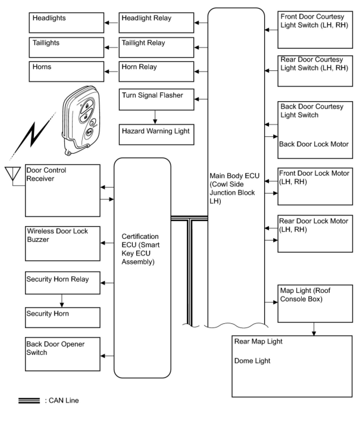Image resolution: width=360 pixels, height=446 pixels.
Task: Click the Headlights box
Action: coord(66,23)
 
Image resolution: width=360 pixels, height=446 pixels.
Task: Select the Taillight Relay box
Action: coord(156,47)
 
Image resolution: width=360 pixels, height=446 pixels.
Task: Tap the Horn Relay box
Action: coord(156,71)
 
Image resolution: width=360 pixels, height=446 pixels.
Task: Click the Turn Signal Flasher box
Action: coord(156,99)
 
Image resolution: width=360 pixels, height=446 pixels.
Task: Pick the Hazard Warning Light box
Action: coord(156,135)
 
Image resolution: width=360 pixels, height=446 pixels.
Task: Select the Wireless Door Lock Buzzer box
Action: coord(62,244)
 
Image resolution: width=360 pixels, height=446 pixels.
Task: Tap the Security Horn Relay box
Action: coord(62,283)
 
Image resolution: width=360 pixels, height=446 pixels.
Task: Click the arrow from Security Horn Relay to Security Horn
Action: coord(62,301)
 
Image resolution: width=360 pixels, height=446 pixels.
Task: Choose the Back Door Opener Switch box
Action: coord(62,354)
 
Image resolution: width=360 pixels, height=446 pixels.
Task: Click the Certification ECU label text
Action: coord(140,249)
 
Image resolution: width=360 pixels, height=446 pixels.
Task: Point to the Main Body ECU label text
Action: coord(234,188)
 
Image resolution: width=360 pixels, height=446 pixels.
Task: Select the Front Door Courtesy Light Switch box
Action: coord(315,30)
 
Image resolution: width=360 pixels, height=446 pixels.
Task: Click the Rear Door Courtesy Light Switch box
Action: coord(315,71)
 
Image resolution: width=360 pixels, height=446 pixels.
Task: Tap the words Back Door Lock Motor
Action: coord(314,144)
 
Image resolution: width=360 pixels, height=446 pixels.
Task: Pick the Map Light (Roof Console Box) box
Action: coord(315,303)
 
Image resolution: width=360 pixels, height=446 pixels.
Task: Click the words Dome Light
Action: coord(252,361)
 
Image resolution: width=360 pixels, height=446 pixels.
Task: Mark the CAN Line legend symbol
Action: coord(29,401)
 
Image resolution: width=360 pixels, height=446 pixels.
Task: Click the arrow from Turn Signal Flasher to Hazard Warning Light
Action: coord(155,117)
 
